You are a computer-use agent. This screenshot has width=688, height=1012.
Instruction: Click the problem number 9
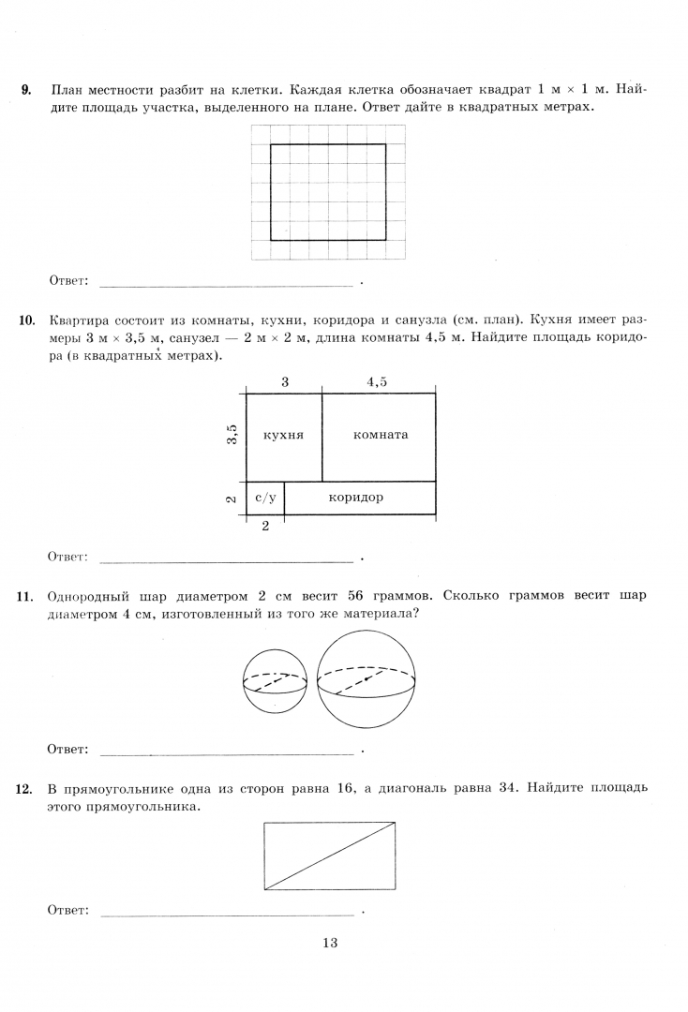click(26, 90)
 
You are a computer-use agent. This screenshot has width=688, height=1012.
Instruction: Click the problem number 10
click(26, 320)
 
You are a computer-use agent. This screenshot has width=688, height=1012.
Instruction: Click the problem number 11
click(26, 596)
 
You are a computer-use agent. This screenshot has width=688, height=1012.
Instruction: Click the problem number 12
click(26, 788)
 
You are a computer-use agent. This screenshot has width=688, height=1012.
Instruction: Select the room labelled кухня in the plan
click(283, 436)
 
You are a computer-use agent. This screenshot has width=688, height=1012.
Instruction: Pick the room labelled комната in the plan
click(380, 436)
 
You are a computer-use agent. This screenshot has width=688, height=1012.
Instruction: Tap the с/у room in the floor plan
click(264, 498)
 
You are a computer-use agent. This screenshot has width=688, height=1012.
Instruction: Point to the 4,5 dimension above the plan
click(377, 380)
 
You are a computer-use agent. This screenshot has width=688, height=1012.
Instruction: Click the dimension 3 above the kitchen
click(284, 380)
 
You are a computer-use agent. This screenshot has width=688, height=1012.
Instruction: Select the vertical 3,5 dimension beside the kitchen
click(232, 436)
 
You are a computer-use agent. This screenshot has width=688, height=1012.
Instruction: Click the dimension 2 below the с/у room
click(265, 527)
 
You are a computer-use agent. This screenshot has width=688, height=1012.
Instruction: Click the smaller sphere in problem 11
click(275, 682)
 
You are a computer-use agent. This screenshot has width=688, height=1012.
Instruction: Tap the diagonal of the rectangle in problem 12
click(330, 856)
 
